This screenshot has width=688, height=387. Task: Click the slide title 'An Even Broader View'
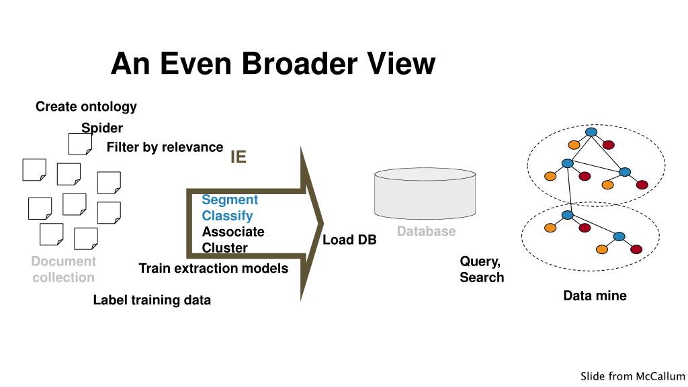273,64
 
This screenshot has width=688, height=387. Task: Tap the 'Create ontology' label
86,107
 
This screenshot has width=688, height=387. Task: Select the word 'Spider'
102,128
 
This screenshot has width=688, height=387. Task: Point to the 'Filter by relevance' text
165,147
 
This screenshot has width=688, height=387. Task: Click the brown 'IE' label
239,157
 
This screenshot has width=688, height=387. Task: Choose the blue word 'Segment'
230,200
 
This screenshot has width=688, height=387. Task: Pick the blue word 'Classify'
227,216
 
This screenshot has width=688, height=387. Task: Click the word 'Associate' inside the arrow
233,232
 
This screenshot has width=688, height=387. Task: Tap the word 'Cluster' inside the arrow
224,248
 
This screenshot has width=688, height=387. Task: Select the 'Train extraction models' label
213,268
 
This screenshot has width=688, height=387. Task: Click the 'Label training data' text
152,300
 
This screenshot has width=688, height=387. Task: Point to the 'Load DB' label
349,240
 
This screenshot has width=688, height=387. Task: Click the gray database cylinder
425,193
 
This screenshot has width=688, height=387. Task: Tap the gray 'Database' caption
426,231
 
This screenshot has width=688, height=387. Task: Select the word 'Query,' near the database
480,261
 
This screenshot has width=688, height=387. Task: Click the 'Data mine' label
595,296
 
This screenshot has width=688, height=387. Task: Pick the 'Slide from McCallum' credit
632,376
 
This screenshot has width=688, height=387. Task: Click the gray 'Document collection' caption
64,269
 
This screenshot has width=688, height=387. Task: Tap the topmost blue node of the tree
591,132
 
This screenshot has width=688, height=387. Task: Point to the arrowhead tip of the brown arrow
323,223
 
